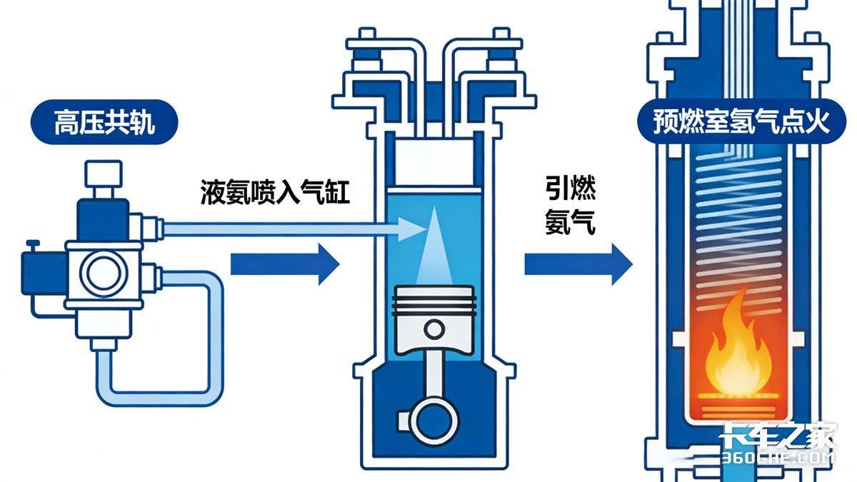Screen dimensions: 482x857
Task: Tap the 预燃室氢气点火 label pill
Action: point(741,123)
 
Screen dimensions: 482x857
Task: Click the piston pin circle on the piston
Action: point(433,329)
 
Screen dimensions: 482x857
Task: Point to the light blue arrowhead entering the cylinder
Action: point(411,229)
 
